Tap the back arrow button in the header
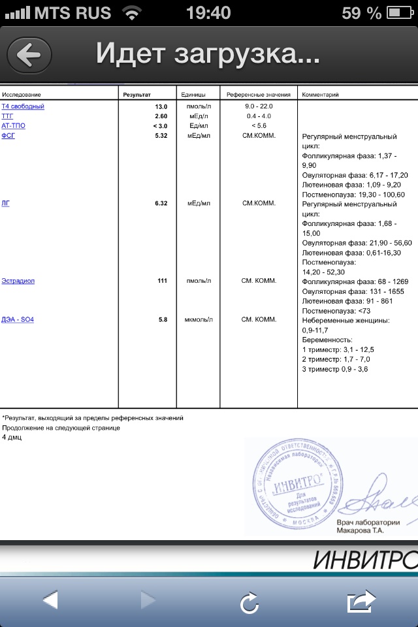point(29,54)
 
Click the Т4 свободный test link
point(23,106)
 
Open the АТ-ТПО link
point(14,125)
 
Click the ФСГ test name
point(8,136)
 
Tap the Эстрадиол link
point(18,281)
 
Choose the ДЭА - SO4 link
point(18,319)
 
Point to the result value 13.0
point(161,106)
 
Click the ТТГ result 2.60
point(161,116)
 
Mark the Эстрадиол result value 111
point(162,281)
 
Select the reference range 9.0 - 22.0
point(259,106)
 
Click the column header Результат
point(137,95)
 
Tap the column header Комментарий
point(320,95)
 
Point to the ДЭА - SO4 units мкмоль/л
point(199,319)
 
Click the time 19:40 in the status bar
point(208,12)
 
